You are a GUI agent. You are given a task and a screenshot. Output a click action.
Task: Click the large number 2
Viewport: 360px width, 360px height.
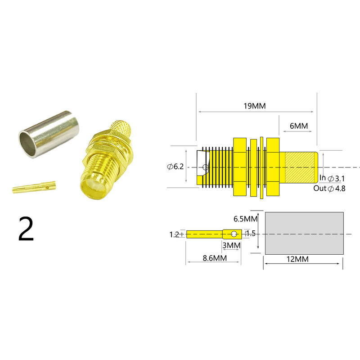click(26, 229)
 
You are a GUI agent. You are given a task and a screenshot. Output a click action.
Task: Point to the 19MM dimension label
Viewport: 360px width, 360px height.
click(255, 106)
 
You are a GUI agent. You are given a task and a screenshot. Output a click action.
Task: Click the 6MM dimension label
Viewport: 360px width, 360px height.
click(298, 126)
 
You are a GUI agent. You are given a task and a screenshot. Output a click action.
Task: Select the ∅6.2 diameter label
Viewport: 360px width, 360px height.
click(175, 167)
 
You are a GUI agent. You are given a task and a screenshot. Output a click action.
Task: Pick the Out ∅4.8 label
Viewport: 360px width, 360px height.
click(329, 189)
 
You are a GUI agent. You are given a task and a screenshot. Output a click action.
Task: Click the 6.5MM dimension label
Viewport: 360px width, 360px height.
click(245, 219)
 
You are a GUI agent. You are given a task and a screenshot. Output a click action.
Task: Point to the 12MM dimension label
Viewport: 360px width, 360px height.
click(303, 260)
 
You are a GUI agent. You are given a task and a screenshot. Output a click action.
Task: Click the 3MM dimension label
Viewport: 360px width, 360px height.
click(232, 245)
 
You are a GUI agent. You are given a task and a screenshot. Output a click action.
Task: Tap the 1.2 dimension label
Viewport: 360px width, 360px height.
click(174, 234)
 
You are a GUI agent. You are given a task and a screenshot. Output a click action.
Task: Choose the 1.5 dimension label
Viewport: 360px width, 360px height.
click(251, 234)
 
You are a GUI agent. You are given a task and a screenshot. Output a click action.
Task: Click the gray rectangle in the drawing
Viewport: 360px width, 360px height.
click(304, 233)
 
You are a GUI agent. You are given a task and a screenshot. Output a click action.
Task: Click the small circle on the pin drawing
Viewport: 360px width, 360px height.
click(233, 234)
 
